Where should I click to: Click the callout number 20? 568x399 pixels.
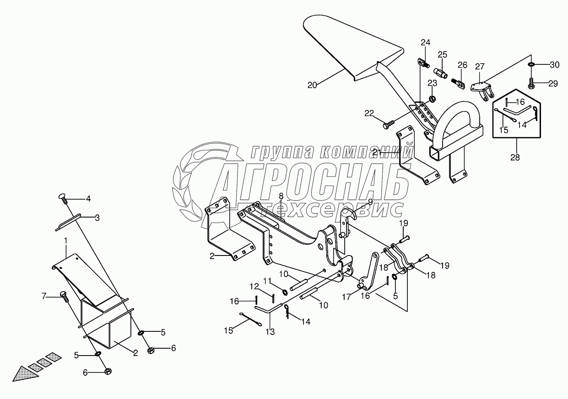312,85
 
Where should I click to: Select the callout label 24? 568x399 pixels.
426,43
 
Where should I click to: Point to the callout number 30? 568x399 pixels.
554,65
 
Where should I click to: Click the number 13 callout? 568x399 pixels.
270,332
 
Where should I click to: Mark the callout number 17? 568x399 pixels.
347,297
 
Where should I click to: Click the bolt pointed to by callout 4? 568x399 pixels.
63,197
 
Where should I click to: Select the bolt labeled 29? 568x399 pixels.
531,83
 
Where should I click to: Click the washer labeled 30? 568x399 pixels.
531,65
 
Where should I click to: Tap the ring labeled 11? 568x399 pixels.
284,292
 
